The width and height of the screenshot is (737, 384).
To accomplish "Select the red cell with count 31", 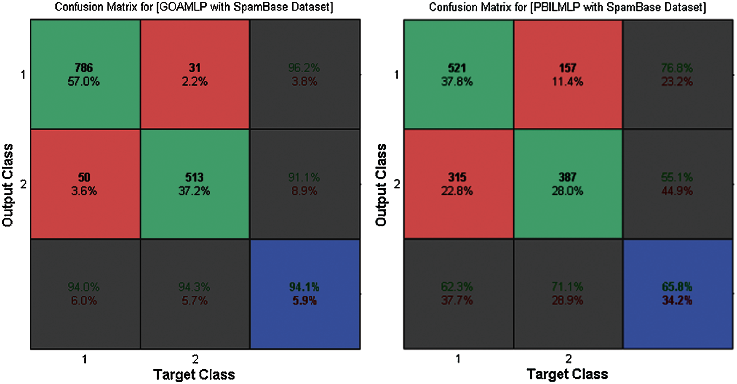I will click(195, 74).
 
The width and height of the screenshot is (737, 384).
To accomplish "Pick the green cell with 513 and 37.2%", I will click(195, 184).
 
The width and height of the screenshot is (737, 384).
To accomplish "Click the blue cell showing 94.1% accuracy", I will click(305, 294).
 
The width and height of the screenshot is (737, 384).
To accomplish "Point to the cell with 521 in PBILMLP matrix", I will click(458, 74).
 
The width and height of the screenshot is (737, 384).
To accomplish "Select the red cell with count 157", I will click(568, 74).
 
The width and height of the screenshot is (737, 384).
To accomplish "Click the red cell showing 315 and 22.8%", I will click(458, 184).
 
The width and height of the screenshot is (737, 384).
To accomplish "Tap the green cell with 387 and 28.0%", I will click(568, 184).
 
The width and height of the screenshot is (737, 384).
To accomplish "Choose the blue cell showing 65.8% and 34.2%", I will click(678, 294).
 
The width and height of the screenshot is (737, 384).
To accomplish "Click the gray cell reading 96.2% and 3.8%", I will click(305, 74).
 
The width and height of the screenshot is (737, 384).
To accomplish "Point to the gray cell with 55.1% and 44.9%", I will click(678, 184).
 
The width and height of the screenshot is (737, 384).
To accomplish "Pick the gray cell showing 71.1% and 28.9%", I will click(568, 294).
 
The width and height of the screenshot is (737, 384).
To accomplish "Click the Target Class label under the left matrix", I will click(194, 374).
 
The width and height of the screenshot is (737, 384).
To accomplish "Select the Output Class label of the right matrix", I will click(381, 185).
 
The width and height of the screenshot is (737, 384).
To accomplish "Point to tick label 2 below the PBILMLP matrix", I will click(569, 359).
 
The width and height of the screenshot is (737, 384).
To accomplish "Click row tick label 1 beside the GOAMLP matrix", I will click(23, 75).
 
